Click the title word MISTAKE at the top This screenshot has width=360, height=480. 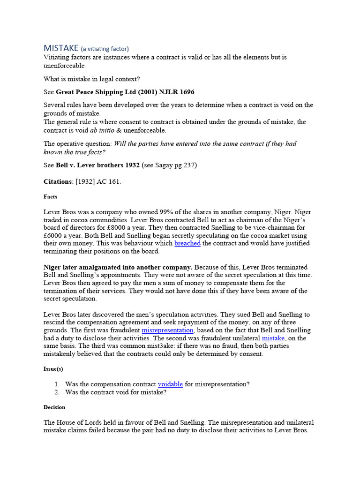tap(61, 48)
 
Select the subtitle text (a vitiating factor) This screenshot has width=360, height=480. tap(105, 49)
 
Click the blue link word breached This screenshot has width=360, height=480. tap(187, 243)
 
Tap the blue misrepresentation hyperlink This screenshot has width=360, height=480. tap(167, 330)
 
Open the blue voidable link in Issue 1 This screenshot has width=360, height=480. tap(170, 384)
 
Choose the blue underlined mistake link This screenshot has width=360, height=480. tap(273, 338)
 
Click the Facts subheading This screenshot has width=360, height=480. tap(50, 197)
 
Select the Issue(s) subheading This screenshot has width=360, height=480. tap(53, 369)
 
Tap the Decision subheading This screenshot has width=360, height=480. tap(54, 407)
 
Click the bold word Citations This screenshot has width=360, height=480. tap(58, 181)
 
